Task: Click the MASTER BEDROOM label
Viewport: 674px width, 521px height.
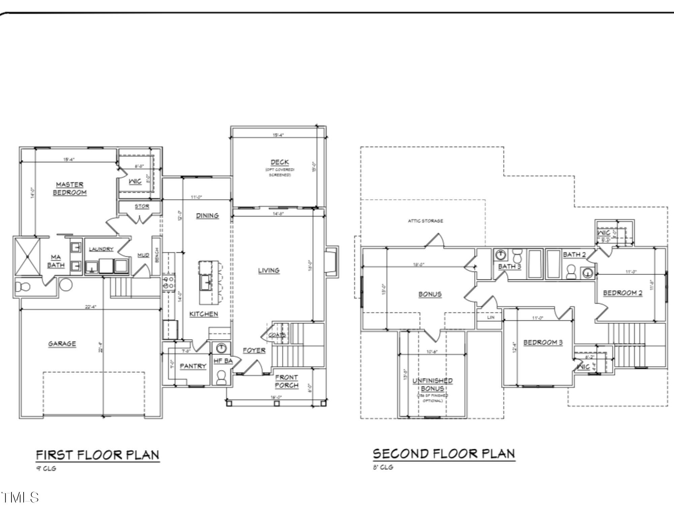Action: [x=70, y=189]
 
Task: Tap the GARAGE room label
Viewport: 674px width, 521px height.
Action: [x=62, y=344]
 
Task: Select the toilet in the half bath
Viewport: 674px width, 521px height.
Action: [x=221, y=377]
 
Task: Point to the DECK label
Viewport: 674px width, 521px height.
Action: [x=279, y=162]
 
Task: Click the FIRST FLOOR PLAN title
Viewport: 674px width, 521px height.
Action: [x=97, y=455]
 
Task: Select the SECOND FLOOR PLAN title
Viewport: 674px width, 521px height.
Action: [x=444, y=454]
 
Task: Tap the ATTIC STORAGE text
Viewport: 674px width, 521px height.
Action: [x=425, y=221]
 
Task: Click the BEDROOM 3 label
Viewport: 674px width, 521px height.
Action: [x=543, y=343]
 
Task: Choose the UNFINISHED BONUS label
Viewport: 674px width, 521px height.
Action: [x=432, y=384]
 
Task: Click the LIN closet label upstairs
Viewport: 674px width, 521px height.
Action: [x=491, y=317]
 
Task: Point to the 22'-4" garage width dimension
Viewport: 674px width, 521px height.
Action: [x=91, y=307]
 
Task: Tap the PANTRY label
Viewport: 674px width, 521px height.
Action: [x=193, y=366]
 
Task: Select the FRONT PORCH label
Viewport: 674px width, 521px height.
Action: [x=286, y=381]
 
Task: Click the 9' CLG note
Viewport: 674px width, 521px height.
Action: [x=46, y=469]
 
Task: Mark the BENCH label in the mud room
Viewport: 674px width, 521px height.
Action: [x=157, y=255]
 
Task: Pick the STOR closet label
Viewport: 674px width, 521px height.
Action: [x=142, y=206]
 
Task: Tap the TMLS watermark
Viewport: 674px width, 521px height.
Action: [x=20, y=497]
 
